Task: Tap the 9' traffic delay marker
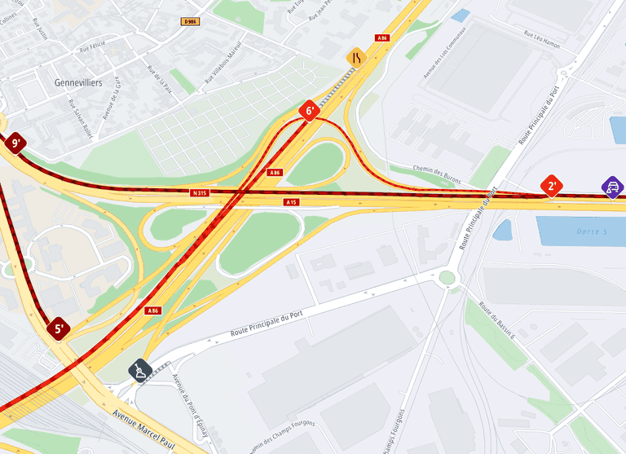[x=15, y=143]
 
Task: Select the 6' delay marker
[x=309, y=111]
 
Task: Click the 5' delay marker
[x=58, y=329]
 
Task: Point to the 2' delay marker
[x=552, y=186]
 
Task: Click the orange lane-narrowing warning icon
[x=355, y=57]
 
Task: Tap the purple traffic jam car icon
[x=612, y=187]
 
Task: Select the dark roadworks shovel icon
[x=141, y=371]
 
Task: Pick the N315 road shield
[x=200, y=193]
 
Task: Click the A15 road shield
[x=291, y=201]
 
